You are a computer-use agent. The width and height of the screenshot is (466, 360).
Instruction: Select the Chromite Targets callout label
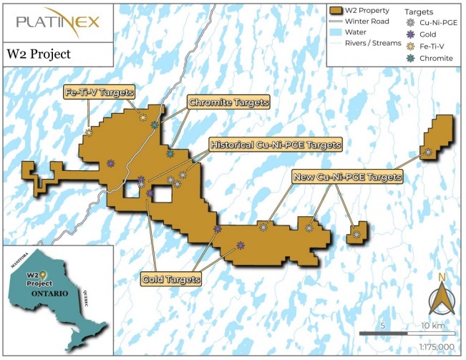(228, 102)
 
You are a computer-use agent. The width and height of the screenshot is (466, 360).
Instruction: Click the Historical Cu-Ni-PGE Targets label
(274, 145)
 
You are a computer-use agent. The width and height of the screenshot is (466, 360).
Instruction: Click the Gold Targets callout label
(170, 278)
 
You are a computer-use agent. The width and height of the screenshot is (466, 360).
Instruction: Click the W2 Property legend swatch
(339, 10)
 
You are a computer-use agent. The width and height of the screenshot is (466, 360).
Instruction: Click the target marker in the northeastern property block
(428, 151)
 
